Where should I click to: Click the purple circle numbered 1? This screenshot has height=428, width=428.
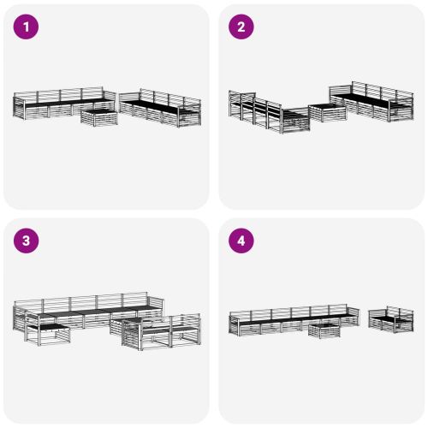pos(27,27)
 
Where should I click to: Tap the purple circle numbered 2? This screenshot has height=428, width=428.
pos(241,27)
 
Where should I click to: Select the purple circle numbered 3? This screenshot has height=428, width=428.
pos(27,241)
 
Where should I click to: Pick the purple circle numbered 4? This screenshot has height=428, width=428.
pos(241,241)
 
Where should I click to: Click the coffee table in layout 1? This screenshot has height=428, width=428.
pos(99,116)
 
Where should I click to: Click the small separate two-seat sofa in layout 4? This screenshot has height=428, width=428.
pos(390,319)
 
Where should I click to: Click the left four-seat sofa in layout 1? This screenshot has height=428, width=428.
pos(56,104)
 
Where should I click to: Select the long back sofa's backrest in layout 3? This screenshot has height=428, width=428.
pos(86,302)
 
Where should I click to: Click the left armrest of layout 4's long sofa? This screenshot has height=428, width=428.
pos(232,322)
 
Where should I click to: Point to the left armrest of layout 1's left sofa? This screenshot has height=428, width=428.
pos(18,106)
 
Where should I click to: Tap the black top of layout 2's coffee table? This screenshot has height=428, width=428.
pos(323,106)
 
